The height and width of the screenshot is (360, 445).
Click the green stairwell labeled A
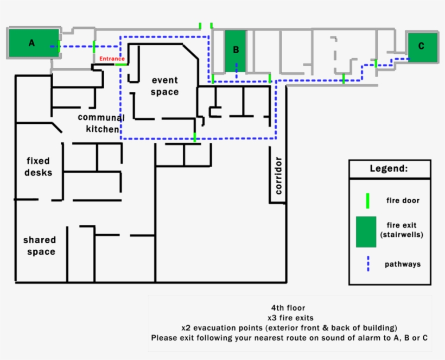(33, 43)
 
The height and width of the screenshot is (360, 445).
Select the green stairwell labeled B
(236, 50)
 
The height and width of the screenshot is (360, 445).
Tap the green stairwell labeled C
(422, 47)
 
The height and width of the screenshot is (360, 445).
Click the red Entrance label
(112, 59)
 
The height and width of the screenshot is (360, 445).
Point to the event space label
(164, 86)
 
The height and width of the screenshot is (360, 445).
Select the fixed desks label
(38, 167)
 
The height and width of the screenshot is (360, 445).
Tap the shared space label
(39, 245)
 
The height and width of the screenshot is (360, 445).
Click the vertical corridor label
(278, 175)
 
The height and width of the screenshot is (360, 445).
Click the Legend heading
(389, 168)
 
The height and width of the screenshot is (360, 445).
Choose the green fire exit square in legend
(366, 231)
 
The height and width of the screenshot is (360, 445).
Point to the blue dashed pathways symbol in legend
(367, 264)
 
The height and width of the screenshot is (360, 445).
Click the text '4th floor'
(289, 307)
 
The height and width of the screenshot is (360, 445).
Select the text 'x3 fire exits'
(289, 318)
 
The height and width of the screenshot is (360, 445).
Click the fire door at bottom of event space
(195, 136)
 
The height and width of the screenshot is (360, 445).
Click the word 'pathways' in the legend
(403, 264)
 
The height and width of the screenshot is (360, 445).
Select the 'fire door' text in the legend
(403, 200)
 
